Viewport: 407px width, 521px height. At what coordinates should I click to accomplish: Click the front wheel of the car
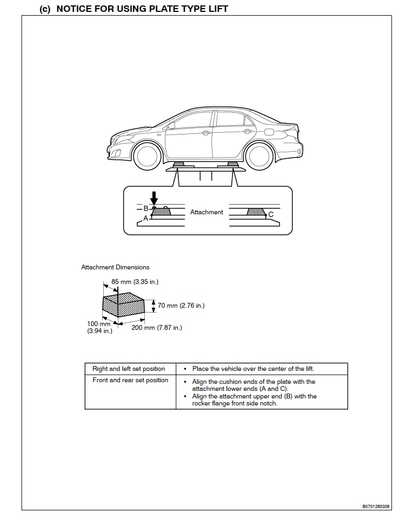tap(146, 155)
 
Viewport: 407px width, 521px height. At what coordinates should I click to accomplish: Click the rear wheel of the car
tap(258, 155)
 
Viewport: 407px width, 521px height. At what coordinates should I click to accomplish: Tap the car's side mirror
tap(171, 126)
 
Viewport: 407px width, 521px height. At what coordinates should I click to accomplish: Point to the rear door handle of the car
tap(248, 131)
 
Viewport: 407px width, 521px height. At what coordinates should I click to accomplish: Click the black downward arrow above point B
tap(154, 198)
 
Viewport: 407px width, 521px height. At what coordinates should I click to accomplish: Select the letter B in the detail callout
tap(145, 208)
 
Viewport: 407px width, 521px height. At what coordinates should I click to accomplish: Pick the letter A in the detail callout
tap(145, 219)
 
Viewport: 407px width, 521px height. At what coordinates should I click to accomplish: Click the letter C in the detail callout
tap(271, 214)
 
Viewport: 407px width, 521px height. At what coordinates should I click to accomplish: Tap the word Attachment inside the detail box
tap(206, 212)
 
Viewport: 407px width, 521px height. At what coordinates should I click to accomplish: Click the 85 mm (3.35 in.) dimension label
tap(135, 281)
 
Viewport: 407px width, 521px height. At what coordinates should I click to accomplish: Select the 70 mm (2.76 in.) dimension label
tap(181, 306)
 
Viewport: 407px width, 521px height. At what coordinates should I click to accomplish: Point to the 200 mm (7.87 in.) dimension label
tap(157, 328)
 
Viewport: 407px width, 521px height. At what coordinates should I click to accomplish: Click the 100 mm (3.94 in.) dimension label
tap(99, 327)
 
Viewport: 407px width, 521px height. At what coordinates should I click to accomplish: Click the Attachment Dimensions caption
tap(115, 267)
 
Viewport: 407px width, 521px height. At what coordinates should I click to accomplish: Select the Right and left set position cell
tap(129, 369)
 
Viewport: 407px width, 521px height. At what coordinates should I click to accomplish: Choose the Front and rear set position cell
tap(130, 380)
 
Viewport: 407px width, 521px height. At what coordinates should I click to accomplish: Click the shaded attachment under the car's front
tap(178, 164)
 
